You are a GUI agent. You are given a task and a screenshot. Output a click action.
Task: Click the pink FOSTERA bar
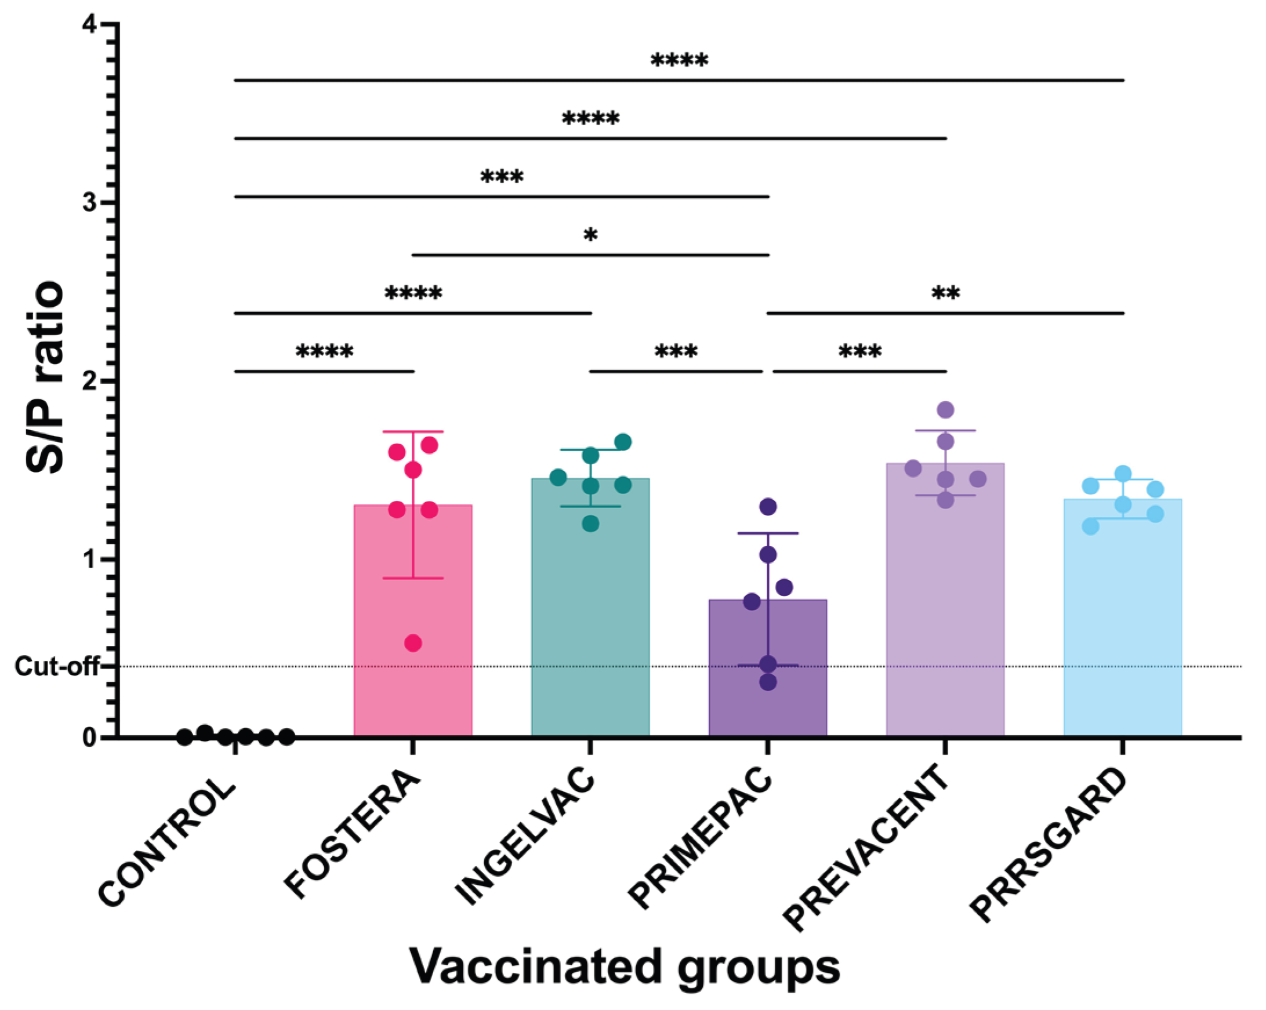(413, 675)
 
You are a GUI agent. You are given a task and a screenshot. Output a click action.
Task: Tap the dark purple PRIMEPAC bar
(767, 704)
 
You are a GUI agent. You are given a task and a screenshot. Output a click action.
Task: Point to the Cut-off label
(56, 667)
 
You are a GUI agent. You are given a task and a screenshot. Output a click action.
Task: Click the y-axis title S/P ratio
(45, 379)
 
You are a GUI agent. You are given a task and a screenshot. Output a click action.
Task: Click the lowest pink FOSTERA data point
(413, 643)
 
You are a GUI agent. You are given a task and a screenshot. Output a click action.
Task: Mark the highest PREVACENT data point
(945, 409)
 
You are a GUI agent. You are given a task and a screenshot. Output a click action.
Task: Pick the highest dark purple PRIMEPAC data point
(768, 506)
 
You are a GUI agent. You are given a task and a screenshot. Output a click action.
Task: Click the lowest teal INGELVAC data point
(590, 523)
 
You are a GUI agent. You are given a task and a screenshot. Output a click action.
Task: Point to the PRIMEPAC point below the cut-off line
(768, 682)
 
